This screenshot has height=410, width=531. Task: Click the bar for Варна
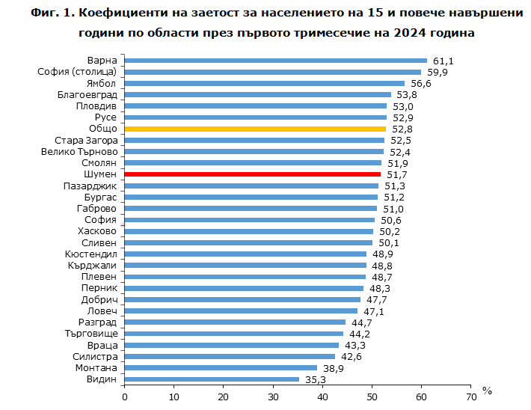[275, 61]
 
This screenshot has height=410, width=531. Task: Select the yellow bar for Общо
[254, 129]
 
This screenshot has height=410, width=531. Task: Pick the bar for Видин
[212, 379]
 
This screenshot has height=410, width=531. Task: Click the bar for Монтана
[221, 368]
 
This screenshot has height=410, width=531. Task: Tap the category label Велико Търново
[79, 152]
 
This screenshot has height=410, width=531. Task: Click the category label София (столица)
[77, 72]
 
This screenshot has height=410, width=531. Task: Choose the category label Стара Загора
[86, 141]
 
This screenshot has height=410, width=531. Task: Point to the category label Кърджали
[92, 266]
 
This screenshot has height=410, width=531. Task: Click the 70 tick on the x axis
[470, 397]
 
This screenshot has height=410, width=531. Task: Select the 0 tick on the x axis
[125, 397]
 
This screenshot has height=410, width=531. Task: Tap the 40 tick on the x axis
[322, 397]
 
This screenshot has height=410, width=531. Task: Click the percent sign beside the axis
[488, 391]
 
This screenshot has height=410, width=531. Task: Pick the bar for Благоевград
[257, 95]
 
